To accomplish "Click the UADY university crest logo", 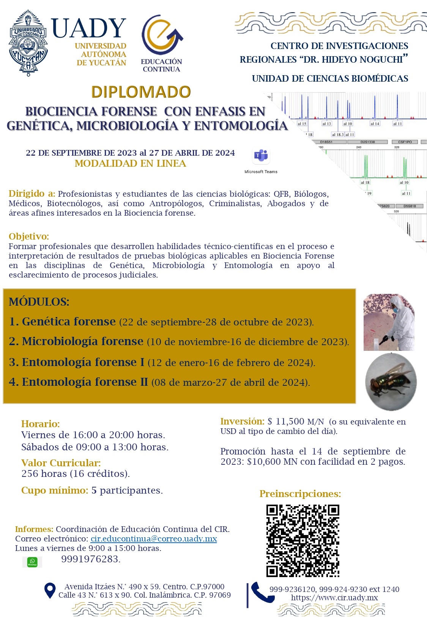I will pyautogui.click(x=28, y=43).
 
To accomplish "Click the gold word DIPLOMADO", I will pyautogui.click(x=141, y=92).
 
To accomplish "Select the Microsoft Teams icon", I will pyautogui.click(x=261, y=156).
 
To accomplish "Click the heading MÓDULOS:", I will pyautogui.click(x=39, y=302).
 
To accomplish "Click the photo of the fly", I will pyautogui.click(x=391, y=382).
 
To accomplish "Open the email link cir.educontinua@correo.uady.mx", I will pyautogui.click(x=154, y=538).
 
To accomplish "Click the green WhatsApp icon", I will pyautogui.click(x=32, y=562).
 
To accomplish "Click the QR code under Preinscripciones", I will pyautogui.click(x=303, y=541).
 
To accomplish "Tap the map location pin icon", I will pyautogui.click(x=50, y=590).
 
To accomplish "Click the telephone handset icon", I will pyautogui.click(x=262, y=592).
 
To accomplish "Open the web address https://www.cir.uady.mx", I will pyautogui.click(x=334, y=598).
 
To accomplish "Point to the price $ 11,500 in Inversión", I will pyautogui.click(x=286, y=421).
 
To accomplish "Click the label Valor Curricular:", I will pyautogui.click(x=61, y=463).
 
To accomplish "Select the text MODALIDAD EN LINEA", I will pyautogui.click(x=130, y=164).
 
